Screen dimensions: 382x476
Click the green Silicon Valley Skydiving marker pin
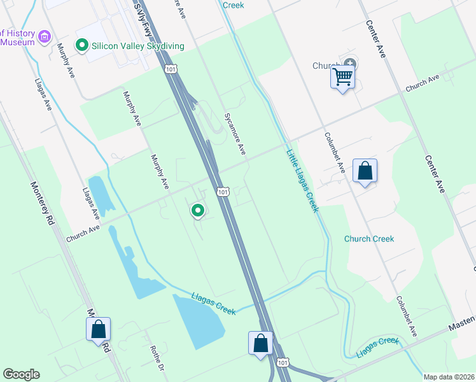81,46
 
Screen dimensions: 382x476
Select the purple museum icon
44,37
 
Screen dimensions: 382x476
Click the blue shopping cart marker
343,78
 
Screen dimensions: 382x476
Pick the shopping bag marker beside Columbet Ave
365,171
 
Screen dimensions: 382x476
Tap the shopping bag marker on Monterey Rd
99,330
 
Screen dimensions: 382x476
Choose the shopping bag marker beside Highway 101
261,343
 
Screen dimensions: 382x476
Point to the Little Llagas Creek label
302,181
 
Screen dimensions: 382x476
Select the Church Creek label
369,239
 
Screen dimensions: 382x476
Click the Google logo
22,374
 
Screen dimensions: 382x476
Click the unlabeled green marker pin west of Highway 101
198,209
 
